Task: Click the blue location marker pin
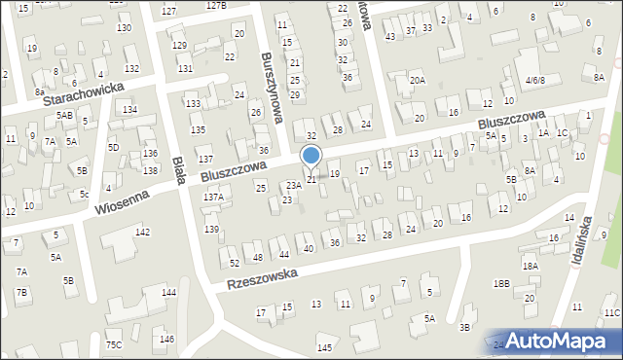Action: coord(311,157)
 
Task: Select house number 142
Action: coord(142,232)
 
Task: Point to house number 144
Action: coord(168,292)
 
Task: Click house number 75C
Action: coord(115,344)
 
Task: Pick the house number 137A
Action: coord(213,197)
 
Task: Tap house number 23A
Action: coord(292,185)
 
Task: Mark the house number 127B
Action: coord(215,6)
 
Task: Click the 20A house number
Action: coord(417,80)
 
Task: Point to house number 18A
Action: coord(530,266)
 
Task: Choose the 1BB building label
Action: coord(500,283)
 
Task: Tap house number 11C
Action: coord(611,312)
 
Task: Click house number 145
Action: coord(324,347)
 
